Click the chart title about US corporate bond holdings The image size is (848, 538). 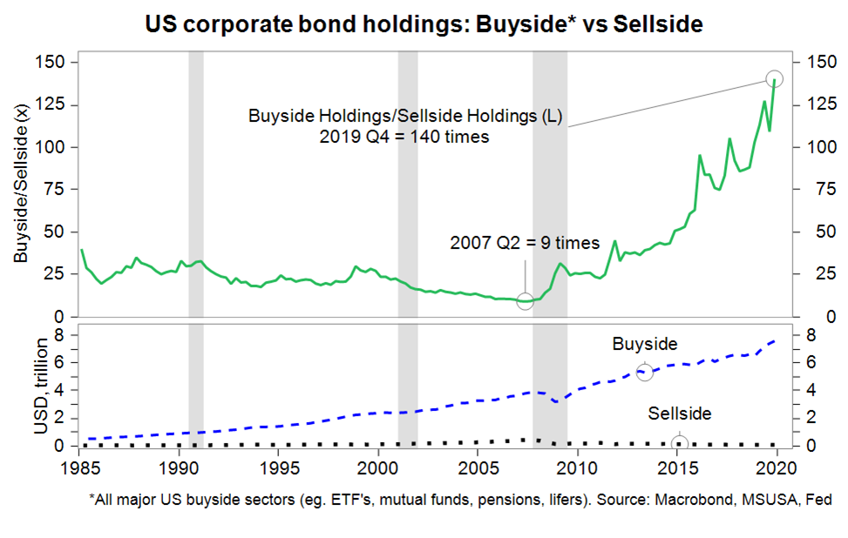pyautogui.click(x=424, y=24)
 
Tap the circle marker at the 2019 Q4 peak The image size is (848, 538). pyautogui.click(x=774, y=78)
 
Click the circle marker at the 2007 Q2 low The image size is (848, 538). pyautogui.click(x=525, y=300)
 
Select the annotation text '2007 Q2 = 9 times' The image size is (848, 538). pyautogui.click(x=512, y=243)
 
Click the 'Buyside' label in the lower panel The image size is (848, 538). pyautogui.click(x=644, y=345)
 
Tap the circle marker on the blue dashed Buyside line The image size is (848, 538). pyautogui.click(x=645, y=372)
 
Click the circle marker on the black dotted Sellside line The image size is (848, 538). pyautogui.click(x=680, y=443)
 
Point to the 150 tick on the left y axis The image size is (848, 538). pyautogui.click(x=52, y=63)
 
